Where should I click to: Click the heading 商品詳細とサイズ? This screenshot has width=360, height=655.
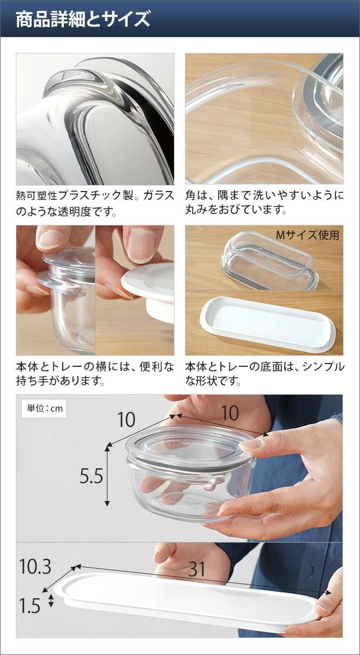click(83, 19)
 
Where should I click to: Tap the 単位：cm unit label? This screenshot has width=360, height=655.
click(45, 408)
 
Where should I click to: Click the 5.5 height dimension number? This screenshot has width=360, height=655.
click(92, 477)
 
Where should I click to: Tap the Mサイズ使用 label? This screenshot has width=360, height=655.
click(308, 235)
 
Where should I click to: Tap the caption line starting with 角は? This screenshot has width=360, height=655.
click(265, 195)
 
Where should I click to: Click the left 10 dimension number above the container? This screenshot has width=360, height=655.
click(126, 420)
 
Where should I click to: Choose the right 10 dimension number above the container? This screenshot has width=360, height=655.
click(230, 413)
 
